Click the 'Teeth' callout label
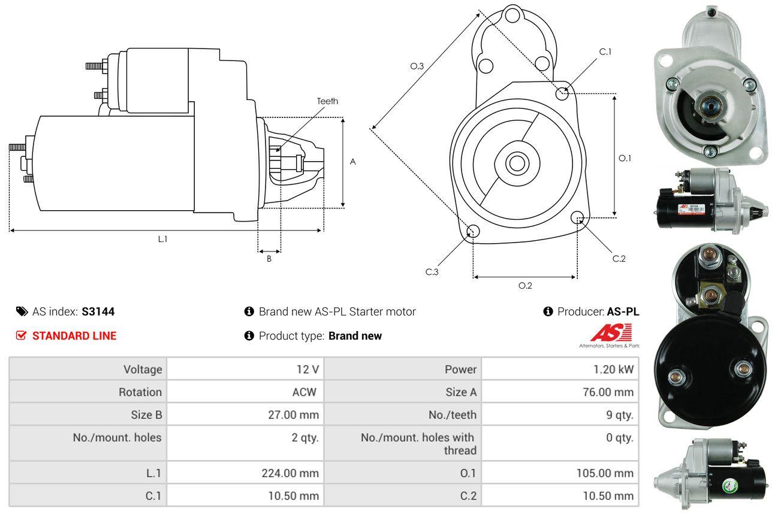327,101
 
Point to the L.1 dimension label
162,239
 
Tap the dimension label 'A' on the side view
353,162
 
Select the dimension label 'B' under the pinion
269,259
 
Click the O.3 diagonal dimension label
417,66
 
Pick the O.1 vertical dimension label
625,158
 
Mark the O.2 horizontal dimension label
525,286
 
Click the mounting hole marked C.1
562,93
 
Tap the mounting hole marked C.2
577,217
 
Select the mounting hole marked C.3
472,232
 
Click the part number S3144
98,311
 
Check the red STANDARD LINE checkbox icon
22,336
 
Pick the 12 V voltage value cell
307,369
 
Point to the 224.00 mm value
290,473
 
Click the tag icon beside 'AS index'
22,311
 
